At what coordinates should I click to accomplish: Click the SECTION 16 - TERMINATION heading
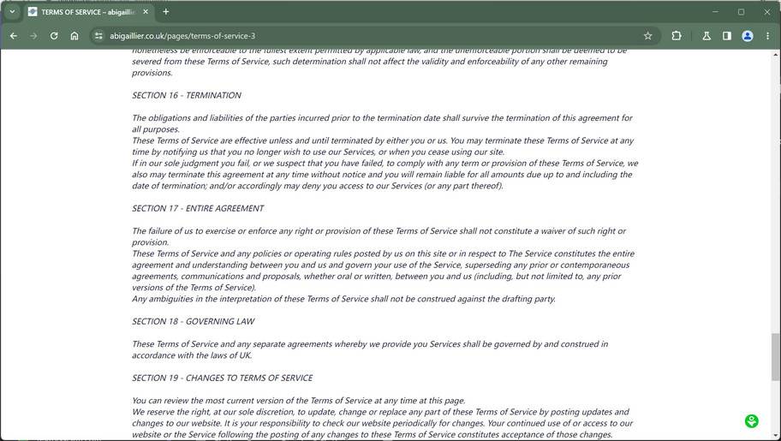tap(186, 95)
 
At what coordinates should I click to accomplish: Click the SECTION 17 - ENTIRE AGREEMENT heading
tap(198, 208)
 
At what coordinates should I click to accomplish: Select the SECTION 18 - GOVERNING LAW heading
tap(193, 321)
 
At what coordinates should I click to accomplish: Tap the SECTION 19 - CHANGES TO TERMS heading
tap(222, 378)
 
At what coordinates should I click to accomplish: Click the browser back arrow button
tap(13, 36)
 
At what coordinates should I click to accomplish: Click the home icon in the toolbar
tap(75, 36)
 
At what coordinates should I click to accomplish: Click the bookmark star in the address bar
tap(647, 36)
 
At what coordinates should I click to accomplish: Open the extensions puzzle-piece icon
tap(677, 36)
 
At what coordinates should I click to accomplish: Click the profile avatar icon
tap(748, 36)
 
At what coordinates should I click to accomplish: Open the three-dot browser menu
tap(768, 36)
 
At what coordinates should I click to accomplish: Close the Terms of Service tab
tap(146, 12)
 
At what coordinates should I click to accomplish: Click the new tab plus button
tap(166, 12)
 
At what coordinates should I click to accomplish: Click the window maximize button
tap(742, 12)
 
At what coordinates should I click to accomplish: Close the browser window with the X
tap(767, 12)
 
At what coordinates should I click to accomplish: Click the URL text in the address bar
tap(182, 36)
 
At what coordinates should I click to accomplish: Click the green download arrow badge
tap(751, 420)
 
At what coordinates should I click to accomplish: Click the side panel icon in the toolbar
tap(727, 36)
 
